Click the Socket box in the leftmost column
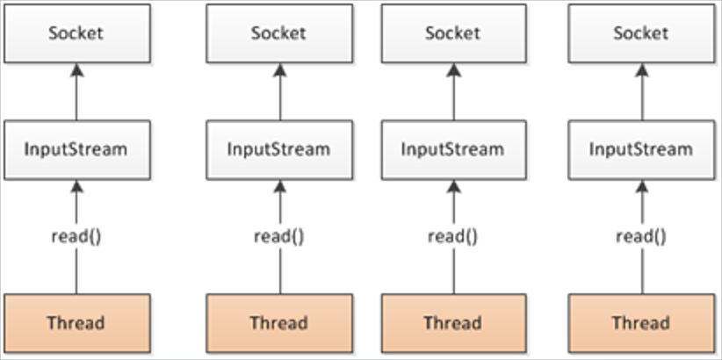[x=77, y=33]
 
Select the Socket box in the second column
[x=279, y=33]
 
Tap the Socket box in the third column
[x=453, y=33]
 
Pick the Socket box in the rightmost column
[x=642, y=33]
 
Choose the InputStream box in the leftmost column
[x=77, y=149]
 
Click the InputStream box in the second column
[x=279, y=149]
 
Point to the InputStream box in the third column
[x=453, y=149]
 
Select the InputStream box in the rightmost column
[x=642, y=149]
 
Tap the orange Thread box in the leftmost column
[x=77, y=323]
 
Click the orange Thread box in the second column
[x=279, y=323]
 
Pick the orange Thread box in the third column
[x=453, y=323]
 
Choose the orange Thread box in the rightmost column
[x=642, y=323]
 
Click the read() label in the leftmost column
[x=76, y=236]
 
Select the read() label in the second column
[x=279, y=236]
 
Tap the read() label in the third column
[x=453, y=236]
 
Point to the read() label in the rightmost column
[x=641, y=236]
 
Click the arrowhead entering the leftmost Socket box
[x=76, y=70]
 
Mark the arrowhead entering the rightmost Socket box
[x=642, y=70]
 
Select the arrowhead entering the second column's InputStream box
[x=280, y=186]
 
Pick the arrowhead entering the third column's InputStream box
[x=454, y=186]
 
